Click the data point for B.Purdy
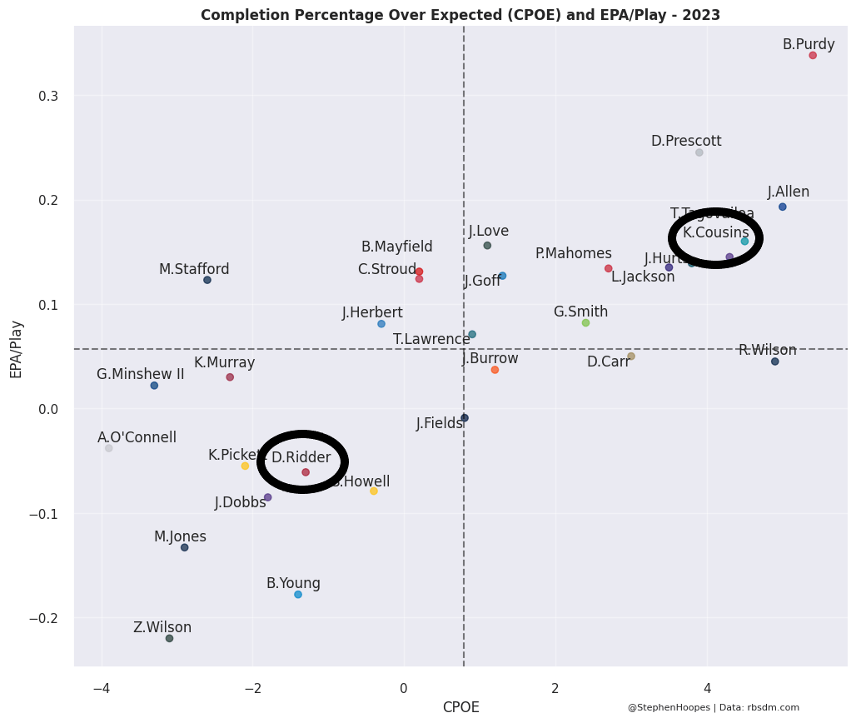tap(813, 55)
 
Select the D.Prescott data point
tap(699, 152)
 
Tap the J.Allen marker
tap(783, 207)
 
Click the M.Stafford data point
tap(207, 280)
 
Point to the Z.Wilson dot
tap(169, 639)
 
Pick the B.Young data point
tap(298, 595)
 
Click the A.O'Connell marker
tap(109, 448)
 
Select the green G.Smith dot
tap(585, 322)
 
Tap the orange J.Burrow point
tap(495, 370)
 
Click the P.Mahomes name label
tap(573, 253)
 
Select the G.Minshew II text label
tap(140, 374)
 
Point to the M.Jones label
tap(180, 536)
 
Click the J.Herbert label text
tap(372, 312)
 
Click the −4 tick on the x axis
tap(102, 689)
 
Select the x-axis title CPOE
tap(460, 708)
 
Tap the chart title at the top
tap(460, 15)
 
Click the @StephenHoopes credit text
tap(713, 708)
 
